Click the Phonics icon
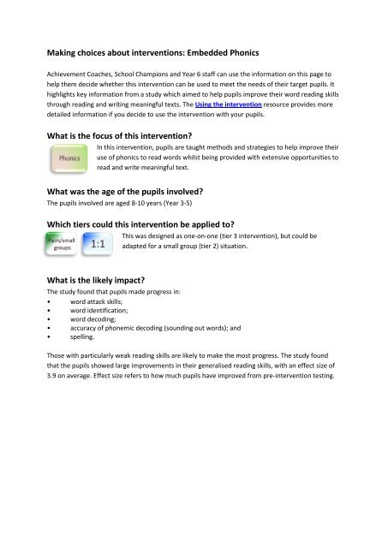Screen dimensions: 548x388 [69, 158]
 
